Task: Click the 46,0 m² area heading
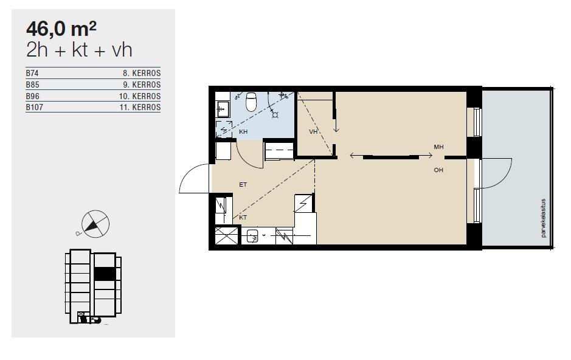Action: click(61, 29)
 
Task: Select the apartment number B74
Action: click(32, 73)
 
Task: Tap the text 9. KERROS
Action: click(142, 85)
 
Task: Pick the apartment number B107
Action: click(34, 108)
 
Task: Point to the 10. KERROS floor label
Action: click(140, 97)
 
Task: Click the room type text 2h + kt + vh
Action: click(79, 50)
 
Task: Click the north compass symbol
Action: click(95, 224)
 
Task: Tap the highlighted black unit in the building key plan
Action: click(105, 274)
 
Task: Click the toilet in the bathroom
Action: click(251, 102)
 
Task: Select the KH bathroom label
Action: click(243, 132)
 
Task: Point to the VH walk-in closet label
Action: click(313, 132)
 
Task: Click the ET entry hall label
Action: click(243, 185)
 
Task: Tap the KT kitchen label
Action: click(243, 217)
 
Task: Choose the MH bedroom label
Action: click(438, 147)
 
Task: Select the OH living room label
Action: click(438, 170)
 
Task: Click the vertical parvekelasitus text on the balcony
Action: click(543, 218)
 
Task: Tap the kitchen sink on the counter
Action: click(252, 237)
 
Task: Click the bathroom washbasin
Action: click(223, 109)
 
